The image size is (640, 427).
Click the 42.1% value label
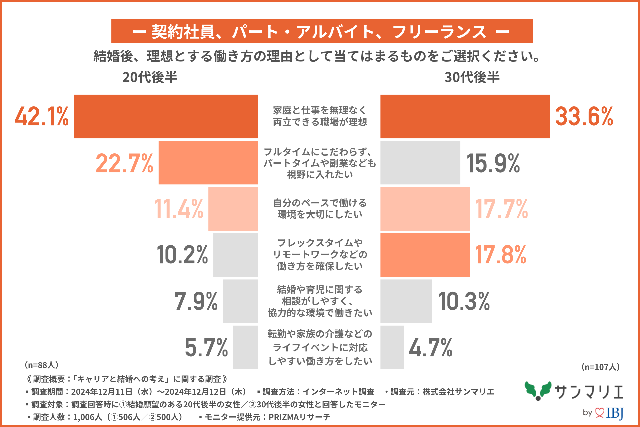[42, 116]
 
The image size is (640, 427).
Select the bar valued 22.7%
[208, 162]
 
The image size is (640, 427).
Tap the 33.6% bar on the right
[465, 116]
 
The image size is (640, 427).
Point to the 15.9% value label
[493, 163]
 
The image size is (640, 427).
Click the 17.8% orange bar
[425, 255]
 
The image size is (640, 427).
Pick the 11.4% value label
[179, 209]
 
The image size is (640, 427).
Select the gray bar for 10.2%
[235, 255]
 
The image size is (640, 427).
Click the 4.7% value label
[430, 348]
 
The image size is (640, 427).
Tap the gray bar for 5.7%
[245, 347]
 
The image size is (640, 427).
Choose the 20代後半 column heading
[150, 77]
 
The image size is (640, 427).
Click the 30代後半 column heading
[472, 77]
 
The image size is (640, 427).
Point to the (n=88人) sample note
[42, 365]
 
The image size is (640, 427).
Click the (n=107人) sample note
[600, 367]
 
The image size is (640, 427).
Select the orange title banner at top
[322, 31]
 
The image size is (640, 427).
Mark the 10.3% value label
[464, 301]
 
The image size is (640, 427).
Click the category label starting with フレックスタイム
[320, 254]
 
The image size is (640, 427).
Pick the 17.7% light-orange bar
[425, 209]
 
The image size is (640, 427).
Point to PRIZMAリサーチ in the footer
[299, 417]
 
